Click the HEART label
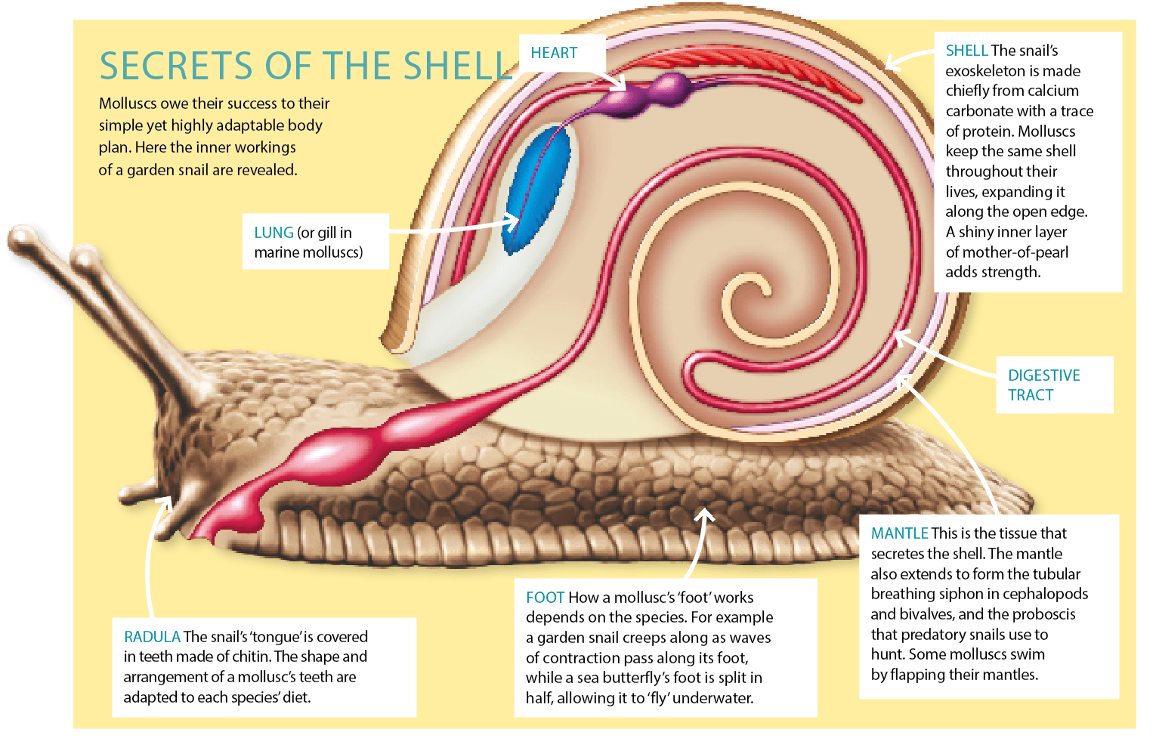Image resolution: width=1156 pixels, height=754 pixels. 554,53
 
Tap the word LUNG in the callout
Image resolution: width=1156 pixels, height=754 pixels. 274,233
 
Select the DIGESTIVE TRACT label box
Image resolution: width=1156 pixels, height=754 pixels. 1054,385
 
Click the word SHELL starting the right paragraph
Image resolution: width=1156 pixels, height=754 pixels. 966,51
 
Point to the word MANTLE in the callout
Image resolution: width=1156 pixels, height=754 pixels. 899,533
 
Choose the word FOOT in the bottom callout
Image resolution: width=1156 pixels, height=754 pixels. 545,598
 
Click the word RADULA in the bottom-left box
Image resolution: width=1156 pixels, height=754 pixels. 152,637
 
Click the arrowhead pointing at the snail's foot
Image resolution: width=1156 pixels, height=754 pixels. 704,514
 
